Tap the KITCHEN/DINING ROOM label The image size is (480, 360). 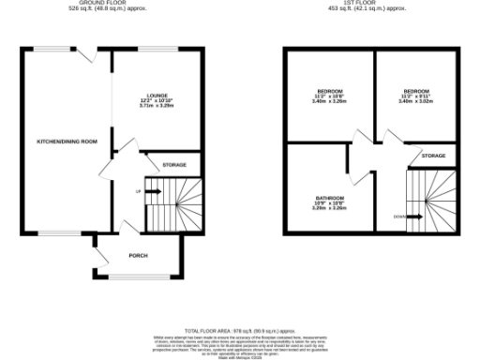point(67,142)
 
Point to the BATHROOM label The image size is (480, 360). point(329,198)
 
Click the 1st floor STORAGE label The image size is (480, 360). point(433,156)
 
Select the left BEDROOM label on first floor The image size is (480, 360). point(328,91)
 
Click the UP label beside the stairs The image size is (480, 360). point(140,191)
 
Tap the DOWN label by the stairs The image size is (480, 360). point(399,215)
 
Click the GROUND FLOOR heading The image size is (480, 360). point(104,3)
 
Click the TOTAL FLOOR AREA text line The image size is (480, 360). point(238,331)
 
